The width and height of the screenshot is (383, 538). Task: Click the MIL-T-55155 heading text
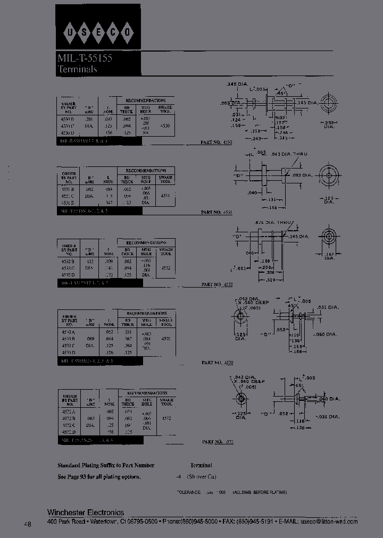(x=85, y=59)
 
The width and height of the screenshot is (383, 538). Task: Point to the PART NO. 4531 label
(x=217, y=212)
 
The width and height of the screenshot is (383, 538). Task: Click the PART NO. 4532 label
(x=217, y=284)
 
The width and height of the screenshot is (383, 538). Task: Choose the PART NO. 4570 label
(x=217, y=363)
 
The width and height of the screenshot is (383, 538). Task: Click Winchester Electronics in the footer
(x=86, y=512)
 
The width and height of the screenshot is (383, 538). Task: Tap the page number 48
(x=28, y=524)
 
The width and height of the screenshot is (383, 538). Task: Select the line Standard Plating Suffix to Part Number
(x=106, y=465)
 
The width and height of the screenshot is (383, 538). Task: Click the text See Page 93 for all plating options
(x=99, y=476)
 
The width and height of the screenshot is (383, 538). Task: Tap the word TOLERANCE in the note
(x=188, y=493)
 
